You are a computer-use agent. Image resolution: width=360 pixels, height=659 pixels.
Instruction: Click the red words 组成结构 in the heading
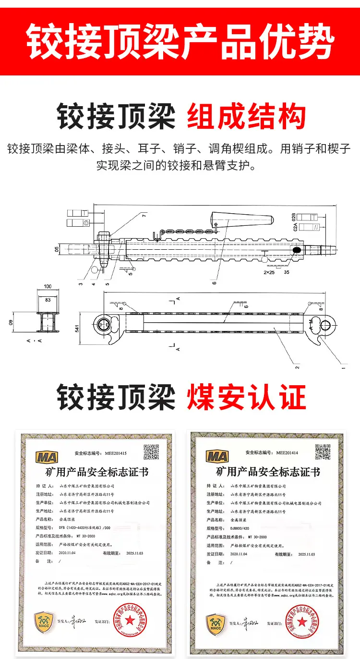[246, 116]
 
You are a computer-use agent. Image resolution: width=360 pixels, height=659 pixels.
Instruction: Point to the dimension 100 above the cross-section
[48, 287]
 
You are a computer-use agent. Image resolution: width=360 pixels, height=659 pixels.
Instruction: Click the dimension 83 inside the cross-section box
[48, 299]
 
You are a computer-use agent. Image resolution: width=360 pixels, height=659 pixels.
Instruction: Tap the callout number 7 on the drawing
[143, 216]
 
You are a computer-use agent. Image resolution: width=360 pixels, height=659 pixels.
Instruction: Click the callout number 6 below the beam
[215, 282]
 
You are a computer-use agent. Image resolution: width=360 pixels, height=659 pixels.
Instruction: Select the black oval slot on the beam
[297, 250]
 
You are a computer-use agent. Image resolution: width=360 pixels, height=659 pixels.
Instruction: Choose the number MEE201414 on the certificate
[287, 452]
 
